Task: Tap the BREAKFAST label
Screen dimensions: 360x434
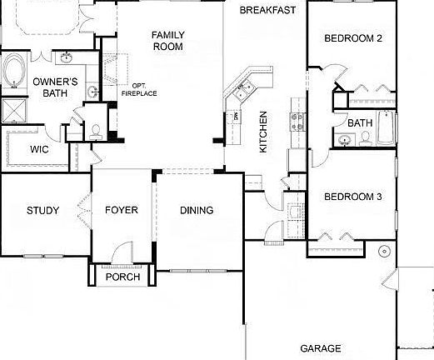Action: point(267,11)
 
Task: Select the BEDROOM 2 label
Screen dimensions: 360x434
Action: point(352,38)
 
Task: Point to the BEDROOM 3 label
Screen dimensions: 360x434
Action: point(352,197)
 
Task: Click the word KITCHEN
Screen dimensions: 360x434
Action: point(263,132)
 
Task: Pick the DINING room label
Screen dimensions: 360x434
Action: point(197,211)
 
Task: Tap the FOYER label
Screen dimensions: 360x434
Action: point(122,211)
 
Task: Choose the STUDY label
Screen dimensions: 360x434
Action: point(42,211)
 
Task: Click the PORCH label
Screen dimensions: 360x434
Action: point(122,277)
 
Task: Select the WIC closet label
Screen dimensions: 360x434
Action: point(39,150)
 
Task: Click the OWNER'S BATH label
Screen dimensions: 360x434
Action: point(56,87)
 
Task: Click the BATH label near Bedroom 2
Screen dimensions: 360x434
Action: point(360,123)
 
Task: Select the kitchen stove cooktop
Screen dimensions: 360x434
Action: point(297,121)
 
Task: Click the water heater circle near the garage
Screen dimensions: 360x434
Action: point(384,251)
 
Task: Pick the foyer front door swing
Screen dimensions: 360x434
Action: point(122,252)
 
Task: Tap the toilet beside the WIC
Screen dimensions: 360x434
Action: point(96,130)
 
